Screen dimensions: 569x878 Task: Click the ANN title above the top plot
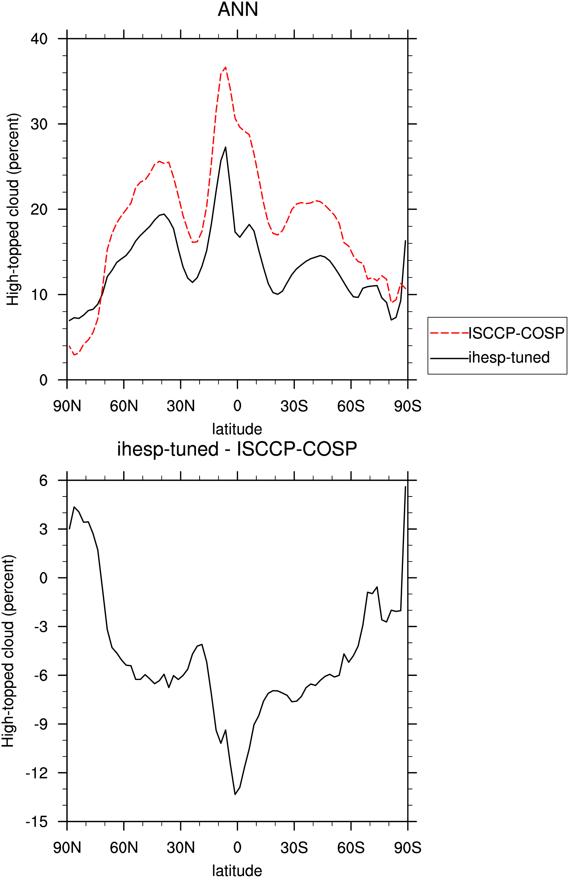click(238, 9)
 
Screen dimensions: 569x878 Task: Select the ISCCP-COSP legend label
click(516, 333)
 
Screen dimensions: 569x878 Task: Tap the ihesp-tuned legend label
click(509, 357)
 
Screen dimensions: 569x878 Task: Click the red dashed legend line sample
click(449, 333)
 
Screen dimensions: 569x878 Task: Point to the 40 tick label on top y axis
click(39, 39)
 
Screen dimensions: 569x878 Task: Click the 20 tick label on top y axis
click(39, 209)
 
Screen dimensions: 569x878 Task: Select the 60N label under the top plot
click(124, 406)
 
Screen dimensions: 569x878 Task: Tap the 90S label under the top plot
click(408, 406)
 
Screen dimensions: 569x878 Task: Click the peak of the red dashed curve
click(225, 67)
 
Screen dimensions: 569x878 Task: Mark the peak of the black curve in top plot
click(225, 147)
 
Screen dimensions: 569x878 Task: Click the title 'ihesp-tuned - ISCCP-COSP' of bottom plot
click(237, 449)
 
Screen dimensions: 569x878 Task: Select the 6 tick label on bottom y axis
click(43, 480)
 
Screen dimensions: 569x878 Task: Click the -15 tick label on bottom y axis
click(36, 822)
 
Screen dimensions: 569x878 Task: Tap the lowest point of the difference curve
click(235, 794)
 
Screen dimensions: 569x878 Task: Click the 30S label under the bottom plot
click(294, 848)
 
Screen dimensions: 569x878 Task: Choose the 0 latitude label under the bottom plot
click(237, 848)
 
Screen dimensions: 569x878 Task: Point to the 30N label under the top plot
click(181, 406)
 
